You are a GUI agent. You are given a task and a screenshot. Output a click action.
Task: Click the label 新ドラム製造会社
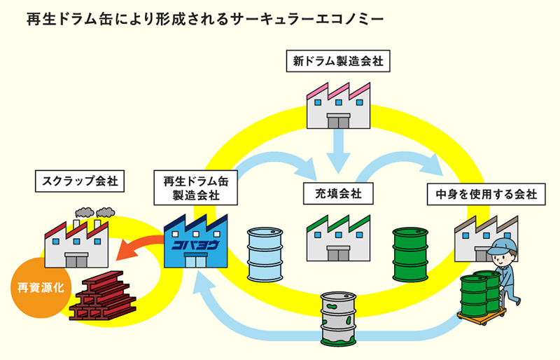[x=339, y=62]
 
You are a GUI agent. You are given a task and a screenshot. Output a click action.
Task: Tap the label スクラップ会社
[x=79, y=182]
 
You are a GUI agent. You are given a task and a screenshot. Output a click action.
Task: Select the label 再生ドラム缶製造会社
[x=197, y=188]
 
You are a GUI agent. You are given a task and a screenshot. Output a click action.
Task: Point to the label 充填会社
[x=337, y=193]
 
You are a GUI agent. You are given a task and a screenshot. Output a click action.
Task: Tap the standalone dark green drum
[x=410, y=254]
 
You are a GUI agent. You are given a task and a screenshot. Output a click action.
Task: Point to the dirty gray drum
[x=339, y=318]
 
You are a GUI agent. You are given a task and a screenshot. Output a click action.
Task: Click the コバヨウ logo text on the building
[x=195, y=244]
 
